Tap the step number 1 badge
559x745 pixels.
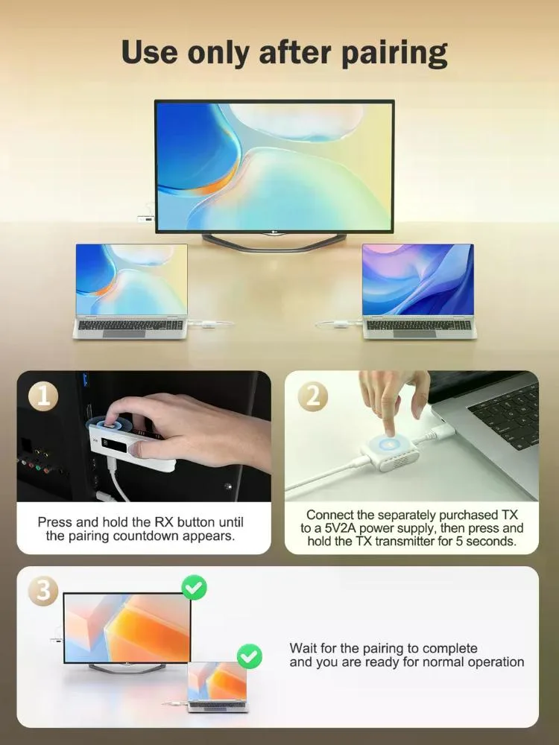coord(43,396)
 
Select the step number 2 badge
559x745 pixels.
coord(313,396)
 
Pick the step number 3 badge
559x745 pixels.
coord(43,591)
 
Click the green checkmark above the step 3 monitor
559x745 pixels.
coord(194,588)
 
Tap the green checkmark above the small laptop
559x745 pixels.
coord(249,656)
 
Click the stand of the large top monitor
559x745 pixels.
coord(274,242)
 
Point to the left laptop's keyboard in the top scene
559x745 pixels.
coord(130,325)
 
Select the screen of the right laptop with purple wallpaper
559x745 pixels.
coord(418,279)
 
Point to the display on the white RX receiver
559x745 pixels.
coord(114,446)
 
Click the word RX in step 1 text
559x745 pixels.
coord(165,522)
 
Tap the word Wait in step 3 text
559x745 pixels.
coord(303,648)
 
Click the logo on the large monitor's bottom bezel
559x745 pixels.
coord(274,232)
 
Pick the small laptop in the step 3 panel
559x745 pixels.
coord(217,687)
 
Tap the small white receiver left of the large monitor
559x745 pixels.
coord(146,219)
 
